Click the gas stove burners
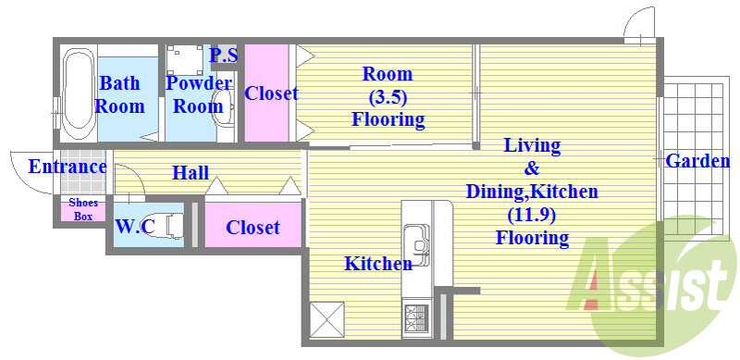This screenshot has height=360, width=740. click(415, 318)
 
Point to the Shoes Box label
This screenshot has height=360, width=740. click(83, 210)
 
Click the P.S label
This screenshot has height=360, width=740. click(224, 55)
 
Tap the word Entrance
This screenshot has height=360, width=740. click(68, 167)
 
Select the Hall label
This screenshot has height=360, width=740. click(191, 173)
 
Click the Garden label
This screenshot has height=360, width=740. click(697, 162)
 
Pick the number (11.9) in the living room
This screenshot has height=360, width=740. click(532, 215)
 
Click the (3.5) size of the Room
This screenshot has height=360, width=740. click(387, 97)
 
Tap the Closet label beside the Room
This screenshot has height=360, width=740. click(271, 93)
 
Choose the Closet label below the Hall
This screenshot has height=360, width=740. click(253, 228)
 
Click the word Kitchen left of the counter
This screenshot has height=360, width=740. click(378, 263)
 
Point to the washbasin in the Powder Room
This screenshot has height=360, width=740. click(223, 106)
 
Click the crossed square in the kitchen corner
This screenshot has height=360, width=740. click(327, 320)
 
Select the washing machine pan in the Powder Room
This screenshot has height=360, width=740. click(184, 59)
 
